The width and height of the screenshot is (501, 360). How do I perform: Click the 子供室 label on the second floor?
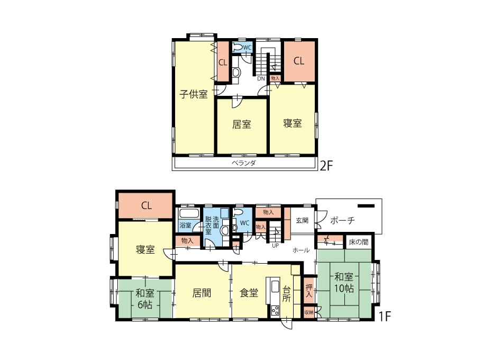tap(193, 94)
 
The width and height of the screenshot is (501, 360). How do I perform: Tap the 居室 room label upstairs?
tap(241, 124)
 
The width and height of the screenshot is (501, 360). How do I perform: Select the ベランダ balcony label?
tap(244, 163)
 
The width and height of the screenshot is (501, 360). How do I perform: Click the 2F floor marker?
tap(326, 166)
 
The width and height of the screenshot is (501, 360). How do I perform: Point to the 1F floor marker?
tap(385, 316)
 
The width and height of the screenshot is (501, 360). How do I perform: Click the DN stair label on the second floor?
tap(261, 78)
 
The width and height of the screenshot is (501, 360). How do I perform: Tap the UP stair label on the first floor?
tap(275, 246)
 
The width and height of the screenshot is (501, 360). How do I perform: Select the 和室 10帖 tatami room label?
tap(344, 282)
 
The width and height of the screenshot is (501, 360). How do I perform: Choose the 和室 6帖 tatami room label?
tap(145, 299)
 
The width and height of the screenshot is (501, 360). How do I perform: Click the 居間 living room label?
tap(202, 293)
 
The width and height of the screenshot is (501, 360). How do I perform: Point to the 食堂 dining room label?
tap(249, 293)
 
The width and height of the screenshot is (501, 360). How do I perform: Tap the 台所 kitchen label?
tap(286, 294)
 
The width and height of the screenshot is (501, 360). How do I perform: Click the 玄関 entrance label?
tap(302, 220)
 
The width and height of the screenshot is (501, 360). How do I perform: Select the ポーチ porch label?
tap(342, 221)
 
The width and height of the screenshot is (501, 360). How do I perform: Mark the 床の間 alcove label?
tap(359, 242)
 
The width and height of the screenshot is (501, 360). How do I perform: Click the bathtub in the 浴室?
tap(189, 213)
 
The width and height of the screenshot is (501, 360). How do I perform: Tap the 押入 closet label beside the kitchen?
tap(308, 291)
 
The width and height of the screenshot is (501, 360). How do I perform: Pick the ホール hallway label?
tap(301, 250)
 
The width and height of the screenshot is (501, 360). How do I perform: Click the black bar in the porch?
tap(366, 206)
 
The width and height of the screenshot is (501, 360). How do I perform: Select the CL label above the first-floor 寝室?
tap(147, 205)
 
